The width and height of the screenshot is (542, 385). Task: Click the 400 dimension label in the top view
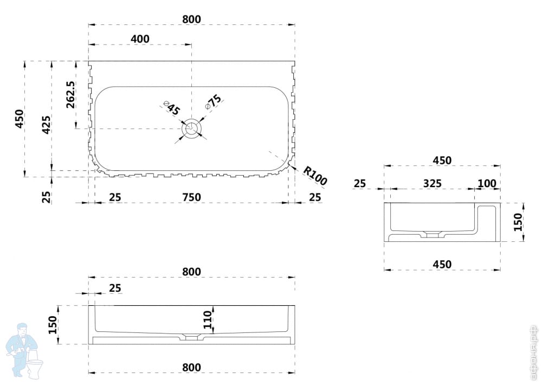pos(140,39)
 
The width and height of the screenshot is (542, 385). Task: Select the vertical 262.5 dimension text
pos(70,95)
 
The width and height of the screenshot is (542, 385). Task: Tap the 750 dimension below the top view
pos(191,197)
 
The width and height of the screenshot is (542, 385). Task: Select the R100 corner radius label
pos(315,176)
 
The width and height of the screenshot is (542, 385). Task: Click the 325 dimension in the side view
pos(432,183)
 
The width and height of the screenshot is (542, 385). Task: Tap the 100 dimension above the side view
pos(487,183)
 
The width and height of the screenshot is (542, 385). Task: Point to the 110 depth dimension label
pos(207,320)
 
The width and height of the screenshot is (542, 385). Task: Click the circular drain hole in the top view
pos(191,129)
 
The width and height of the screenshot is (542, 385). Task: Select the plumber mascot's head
pos(22,330)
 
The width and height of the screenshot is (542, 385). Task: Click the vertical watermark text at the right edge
pos(534,352)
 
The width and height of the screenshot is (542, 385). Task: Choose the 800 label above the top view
pos(191,19)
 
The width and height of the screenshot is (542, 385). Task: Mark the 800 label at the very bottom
pos(191,368)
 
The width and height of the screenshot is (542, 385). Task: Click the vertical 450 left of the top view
pos(20,119)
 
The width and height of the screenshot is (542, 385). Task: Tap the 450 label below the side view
pos(442,264)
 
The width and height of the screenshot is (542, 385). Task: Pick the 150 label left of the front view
pos(53,324)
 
